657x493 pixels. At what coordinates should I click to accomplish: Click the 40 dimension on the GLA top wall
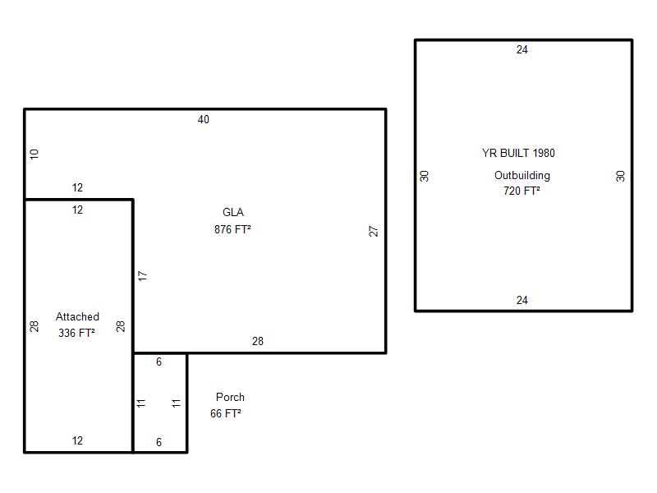click(203, 119)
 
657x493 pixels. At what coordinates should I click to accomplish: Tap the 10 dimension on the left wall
click(34, 154)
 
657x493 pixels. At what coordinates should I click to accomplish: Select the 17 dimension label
click(143, 276)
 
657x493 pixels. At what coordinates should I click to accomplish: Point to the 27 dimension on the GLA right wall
click(374, 231)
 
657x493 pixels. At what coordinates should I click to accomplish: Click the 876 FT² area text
click(232, 229)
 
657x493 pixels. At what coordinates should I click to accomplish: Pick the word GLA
click(233, 212)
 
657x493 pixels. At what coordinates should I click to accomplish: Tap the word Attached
click(77, 316)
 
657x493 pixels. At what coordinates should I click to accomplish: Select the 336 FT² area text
click(76, 333)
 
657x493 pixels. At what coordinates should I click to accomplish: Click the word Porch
click(230, 397)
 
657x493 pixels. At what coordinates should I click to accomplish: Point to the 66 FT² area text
click(226, 413)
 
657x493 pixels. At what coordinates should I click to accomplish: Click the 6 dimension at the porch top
click(159, 362)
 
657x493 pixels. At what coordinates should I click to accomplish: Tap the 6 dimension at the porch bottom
click(159, 442)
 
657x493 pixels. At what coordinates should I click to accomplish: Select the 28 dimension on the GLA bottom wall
click(258, 341)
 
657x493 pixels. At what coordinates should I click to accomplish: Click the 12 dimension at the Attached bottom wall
click(77, 440)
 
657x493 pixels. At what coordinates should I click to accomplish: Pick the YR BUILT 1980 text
click(518, 153)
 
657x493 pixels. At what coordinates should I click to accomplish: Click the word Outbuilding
click(522, 175)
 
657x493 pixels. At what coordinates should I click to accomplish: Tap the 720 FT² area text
click(521, 191)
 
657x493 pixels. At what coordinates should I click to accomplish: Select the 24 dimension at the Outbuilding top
click(522, 49)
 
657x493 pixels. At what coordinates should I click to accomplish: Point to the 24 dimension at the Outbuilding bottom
click(522, 300)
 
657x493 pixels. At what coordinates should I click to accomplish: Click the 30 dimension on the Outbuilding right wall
click(621, 176)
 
